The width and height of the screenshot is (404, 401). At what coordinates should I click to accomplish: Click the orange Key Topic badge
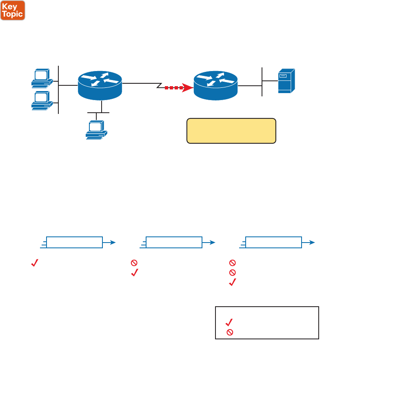(13, 10)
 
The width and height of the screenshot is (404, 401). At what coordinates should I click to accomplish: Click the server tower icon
(286, 81)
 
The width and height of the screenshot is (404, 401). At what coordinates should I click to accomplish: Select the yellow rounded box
(231, 131)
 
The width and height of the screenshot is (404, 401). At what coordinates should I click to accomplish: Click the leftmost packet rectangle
(74, 242)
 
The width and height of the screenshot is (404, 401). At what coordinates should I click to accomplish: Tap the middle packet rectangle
(173, 242)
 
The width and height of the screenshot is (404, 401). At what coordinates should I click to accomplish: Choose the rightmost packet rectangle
(273, 242)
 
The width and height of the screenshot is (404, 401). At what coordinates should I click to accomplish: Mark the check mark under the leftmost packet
(34, 264)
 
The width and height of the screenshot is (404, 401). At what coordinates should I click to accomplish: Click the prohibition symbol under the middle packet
(133, 263)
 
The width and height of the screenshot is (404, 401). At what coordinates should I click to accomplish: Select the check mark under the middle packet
(134, 273)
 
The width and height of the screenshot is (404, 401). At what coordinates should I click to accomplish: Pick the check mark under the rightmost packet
(233, 282)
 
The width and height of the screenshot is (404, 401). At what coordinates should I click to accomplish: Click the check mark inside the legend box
(229, 322)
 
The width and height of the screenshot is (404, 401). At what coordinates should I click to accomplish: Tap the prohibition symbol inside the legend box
(230, 332)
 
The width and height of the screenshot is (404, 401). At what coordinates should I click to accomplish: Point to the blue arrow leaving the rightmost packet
(309, 242)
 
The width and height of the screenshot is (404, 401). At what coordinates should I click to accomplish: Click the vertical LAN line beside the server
(262, 82)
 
